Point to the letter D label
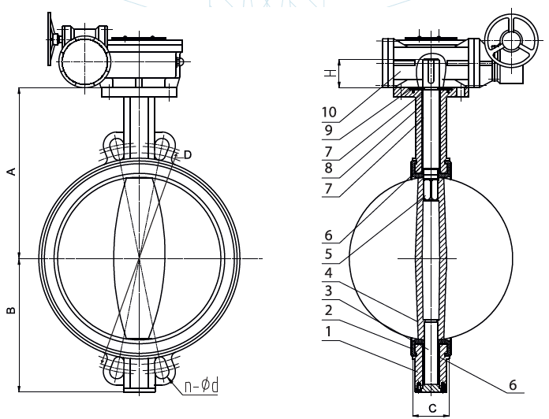click(187, 154)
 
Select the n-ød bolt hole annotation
click(201, 385)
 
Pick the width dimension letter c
click(431, 408)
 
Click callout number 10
click(329, 112)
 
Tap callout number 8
click(329, 167)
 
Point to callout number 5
click(329, 254)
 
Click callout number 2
click(329, 311)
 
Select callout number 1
click(329, 331)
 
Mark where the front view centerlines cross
click(140, 258)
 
